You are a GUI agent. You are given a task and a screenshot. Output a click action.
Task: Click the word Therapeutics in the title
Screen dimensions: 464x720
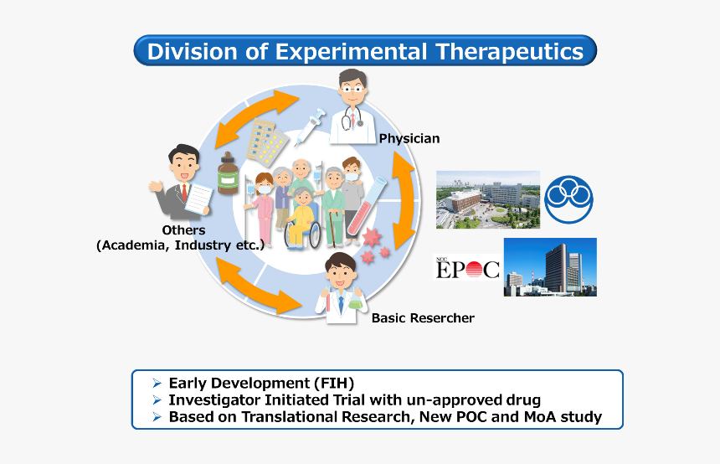(x=508, y=51)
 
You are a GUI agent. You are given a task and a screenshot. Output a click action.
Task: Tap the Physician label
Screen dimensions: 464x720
(x=409, y=138)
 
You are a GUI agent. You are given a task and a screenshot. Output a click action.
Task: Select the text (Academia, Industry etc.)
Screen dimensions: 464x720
(x=180, y=245)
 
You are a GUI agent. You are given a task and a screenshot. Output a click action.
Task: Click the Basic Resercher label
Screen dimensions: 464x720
(x=423, y=318)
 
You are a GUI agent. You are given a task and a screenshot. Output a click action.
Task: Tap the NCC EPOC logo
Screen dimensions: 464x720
(x=466, y=267)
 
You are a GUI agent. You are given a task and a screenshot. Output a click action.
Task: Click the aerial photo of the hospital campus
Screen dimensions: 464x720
(x=488, y=199)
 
